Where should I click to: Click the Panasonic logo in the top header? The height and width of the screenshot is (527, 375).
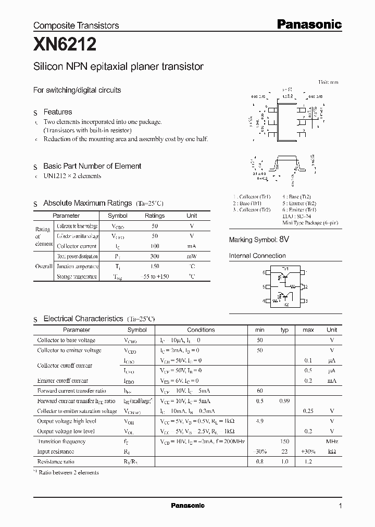click(308, 24)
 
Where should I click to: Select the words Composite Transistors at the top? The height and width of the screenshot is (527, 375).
click(76, 25)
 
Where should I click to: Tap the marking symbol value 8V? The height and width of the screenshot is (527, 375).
click(284, 240)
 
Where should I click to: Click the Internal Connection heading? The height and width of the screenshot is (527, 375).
click(257, 256)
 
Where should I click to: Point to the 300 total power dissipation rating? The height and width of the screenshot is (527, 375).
click(155, 256)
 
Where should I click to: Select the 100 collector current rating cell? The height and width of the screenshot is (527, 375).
click(155, 246)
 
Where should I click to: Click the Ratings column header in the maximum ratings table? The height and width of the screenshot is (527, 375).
click(155, 216)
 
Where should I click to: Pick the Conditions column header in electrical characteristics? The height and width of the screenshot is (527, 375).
click(201, 330)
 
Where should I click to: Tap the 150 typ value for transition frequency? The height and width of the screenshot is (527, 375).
click(284, 441)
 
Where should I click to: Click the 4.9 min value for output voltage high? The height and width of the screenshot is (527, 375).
click(259, 421)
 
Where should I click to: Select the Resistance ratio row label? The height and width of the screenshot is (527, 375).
click(56, 461)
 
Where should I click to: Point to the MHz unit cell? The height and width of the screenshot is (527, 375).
click(331, 441)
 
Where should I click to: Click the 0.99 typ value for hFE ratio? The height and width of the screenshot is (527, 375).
click(284, 401)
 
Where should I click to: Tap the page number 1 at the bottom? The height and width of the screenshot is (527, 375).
click(340, 506)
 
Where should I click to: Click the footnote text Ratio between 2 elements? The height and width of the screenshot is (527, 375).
click(69, 472)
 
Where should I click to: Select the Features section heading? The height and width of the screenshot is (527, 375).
click(58, 112)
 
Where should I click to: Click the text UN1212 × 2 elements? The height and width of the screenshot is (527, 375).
click(72, 176)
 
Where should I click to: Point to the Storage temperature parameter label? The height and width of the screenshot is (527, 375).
click(77, 277)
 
